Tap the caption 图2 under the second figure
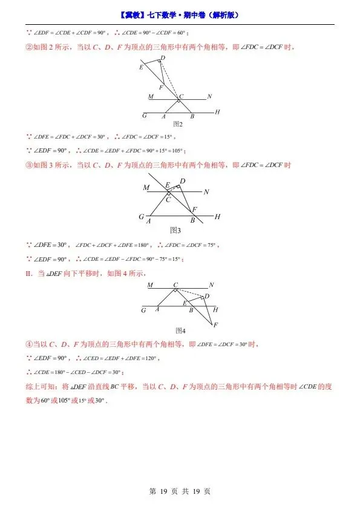pos(178,124)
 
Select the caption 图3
pos(175,230)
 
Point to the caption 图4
pos(180,330)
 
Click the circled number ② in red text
pos(28,48)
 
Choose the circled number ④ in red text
pos(28,345)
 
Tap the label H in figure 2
pos(217,113)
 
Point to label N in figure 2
pos(209,97)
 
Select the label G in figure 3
pos(141,217)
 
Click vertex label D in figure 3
pos(182,182)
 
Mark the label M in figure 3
pos(146,188)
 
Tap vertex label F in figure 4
pos(215,325)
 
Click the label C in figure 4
pos(175,284)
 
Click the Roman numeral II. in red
pos(28,274)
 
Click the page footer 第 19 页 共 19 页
pos(180,491)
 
